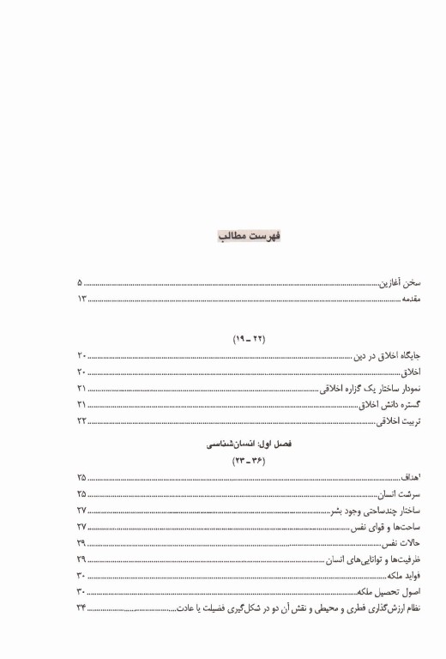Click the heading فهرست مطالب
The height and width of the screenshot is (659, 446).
(250, 236)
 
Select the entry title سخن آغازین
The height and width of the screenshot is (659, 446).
(401, 282)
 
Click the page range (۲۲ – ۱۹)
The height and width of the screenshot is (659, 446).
(249, 340)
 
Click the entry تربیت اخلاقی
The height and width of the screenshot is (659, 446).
(400, 421)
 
